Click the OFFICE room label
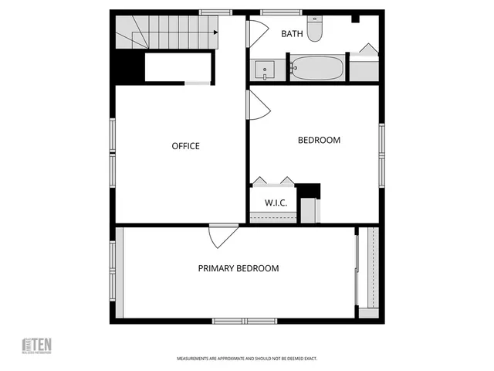(185, 146)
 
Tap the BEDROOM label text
(319, 140)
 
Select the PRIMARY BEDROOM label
(239, 268)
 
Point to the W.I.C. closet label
(276, 203)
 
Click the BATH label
(292, 33)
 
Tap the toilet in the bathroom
(315, 30)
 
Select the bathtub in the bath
(317, 67)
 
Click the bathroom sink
(265, 70)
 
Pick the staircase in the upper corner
(166, 32)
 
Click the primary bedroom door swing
(222, 235)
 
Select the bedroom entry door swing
(257, 105)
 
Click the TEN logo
(36, 345)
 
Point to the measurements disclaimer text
(247, 359)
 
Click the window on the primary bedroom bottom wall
(245, 321)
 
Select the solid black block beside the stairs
(130, 65)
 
